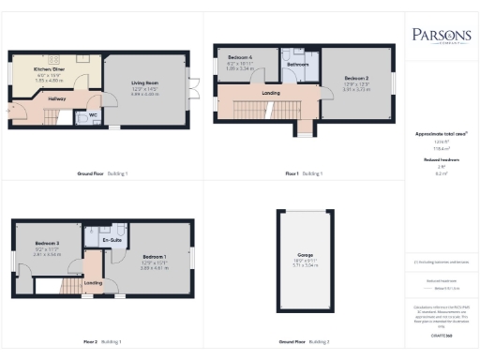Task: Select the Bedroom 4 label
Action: click(x=249, y=60)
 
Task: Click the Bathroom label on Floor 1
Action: click(x=298, y=65)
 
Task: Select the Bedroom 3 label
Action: click(x=47, y=243)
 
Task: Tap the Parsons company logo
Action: click(x=441, y=35)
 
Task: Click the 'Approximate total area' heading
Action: click(x=441, y=134)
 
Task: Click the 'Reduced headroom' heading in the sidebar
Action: click(x=441, y=160)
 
